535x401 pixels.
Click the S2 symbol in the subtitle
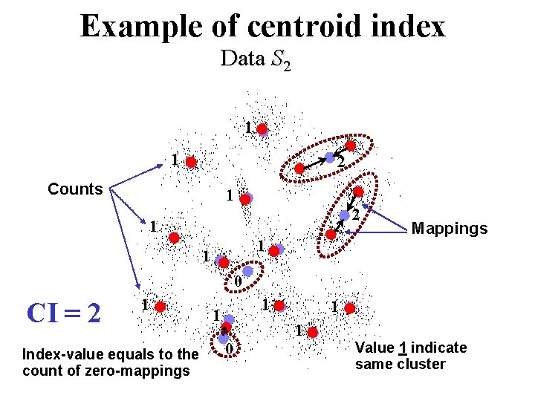click(x=282, y=61)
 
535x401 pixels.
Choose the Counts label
click(x=75, y=189)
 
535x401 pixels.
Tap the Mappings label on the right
click(x=450, y=228)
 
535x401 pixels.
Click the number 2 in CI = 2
click(x=93, y=313)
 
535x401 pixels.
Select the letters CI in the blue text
click(x=42, y=313)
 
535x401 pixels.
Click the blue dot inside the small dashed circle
click(x=248, y=271)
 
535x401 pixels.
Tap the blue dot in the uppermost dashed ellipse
click(x=330, y=157)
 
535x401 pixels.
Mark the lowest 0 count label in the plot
click(x=230, y=349)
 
